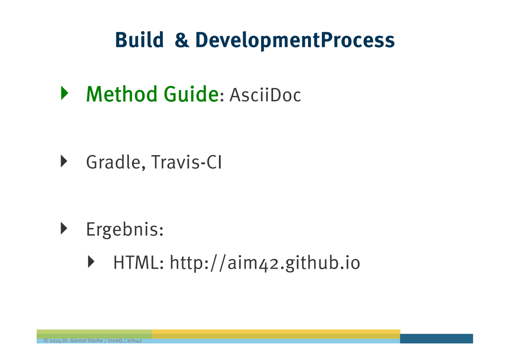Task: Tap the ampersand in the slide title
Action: point(182,40)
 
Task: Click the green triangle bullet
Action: point(65,93)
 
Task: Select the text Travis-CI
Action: point(186,162)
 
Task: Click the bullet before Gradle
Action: point(64,161)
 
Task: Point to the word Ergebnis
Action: point(125,230)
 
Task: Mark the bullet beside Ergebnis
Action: point(64,228)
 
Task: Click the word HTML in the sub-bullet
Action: point(138,263)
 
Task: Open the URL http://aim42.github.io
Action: point(265,263)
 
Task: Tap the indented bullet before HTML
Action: point(91,262)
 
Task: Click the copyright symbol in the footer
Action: point(46,341)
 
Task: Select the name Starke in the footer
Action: point(95,341)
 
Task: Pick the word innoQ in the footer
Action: point(115,341)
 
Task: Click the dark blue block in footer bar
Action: point(436,339)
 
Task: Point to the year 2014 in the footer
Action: point(55,341)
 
